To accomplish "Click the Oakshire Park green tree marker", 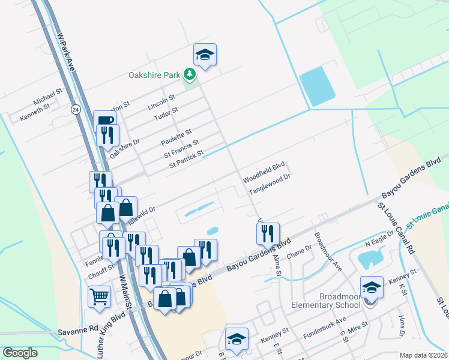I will point(190,74).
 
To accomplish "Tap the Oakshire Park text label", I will point(154,76).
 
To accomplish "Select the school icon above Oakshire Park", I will point(205,56).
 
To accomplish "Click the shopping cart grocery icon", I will point(100,296).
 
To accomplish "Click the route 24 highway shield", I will point(75,110).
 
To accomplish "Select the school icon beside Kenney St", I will point(372,287).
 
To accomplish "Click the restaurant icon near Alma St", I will point(268,233).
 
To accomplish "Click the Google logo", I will point(20,353).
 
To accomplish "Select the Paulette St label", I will point(176,136).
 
